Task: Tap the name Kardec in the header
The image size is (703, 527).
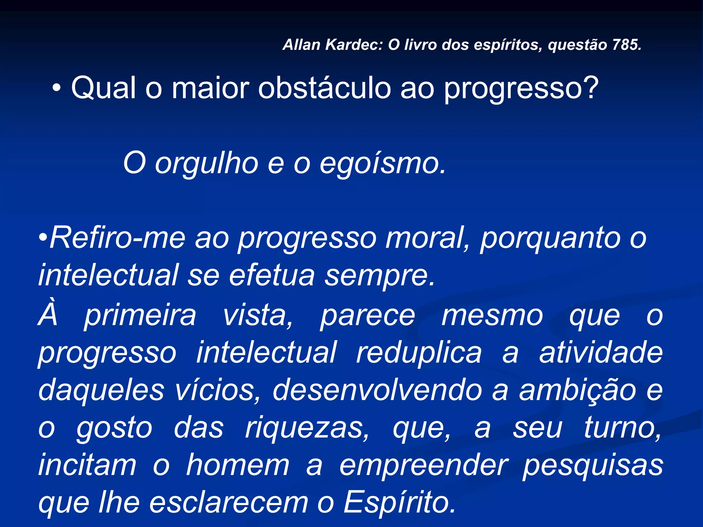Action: coord(353,45)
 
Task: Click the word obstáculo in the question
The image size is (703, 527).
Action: coord(324,88)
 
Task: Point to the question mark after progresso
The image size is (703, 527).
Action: coord(590,88)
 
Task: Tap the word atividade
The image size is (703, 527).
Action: coord(601,353)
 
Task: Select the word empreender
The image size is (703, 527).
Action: coord(424,466)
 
